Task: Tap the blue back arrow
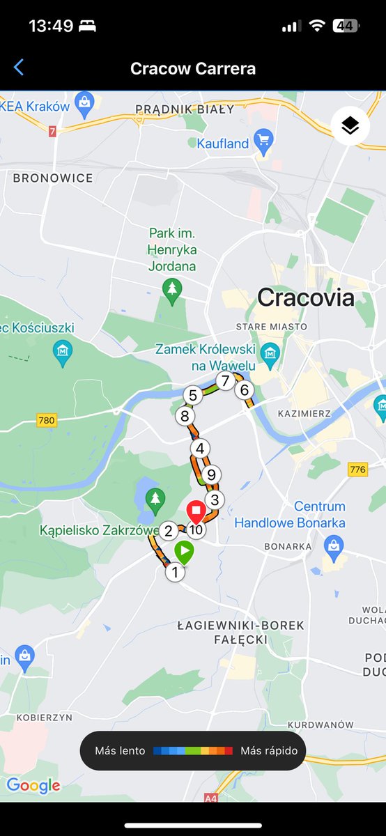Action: (x=19, y=68)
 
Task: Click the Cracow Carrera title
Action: (x=193, y=68)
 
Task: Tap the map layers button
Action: (x=350, y=126)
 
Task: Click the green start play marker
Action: (x=184, y=553)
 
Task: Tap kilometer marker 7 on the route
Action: (x=224, y=381)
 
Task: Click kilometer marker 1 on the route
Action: (x=174, y=573)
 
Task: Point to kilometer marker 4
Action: (x=200, y=449)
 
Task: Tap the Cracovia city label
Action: (x=306, y=298)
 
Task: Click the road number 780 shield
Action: (x=47, y=420)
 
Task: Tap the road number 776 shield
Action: (x=357, y=470)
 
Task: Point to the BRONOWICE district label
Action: (x=53, y=178)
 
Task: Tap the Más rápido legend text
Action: (x=269, y=751)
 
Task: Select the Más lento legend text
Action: (x=121, y=751)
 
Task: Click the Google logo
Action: (x=33, y=786)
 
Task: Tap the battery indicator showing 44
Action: (x=345, y=26)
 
